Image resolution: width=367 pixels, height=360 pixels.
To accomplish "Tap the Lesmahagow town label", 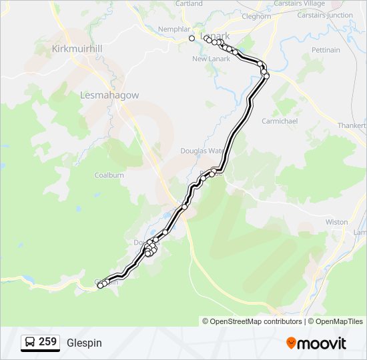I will [x=109, y=95].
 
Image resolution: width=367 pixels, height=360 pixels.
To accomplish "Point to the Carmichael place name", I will [x=280, y=121].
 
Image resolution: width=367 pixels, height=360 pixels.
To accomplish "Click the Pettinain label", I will [x=326, y=50].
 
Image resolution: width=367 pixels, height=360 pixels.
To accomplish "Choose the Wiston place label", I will [x=336, y=222].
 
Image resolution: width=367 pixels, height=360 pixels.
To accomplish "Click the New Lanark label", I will [x=211, y=59].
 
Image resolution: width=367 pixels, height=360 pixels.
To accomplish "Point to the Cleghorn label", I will [x=256, y=16].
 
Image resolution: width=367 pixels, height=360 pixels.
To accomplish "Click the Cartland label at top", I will [x=189, y=3].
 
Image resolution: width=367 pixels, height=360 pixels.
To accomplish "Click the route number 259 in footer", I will [x=47, y=342].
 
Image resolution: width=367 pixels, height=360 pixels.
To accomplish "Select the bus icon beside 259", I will [x=31, y=343].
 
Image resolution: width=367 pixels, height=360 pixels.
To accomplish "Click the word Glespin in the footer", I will [x=84, y=343].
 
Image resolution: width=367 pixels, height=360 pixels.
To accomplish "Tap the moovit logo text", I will [x=322, y=343].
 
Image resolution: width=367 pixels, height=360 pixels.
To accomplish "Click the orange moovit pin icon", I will [x=292, y=343].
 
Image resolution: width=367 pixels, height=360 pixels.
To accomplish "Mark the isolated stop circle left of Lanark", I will [x=192, y=39].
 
